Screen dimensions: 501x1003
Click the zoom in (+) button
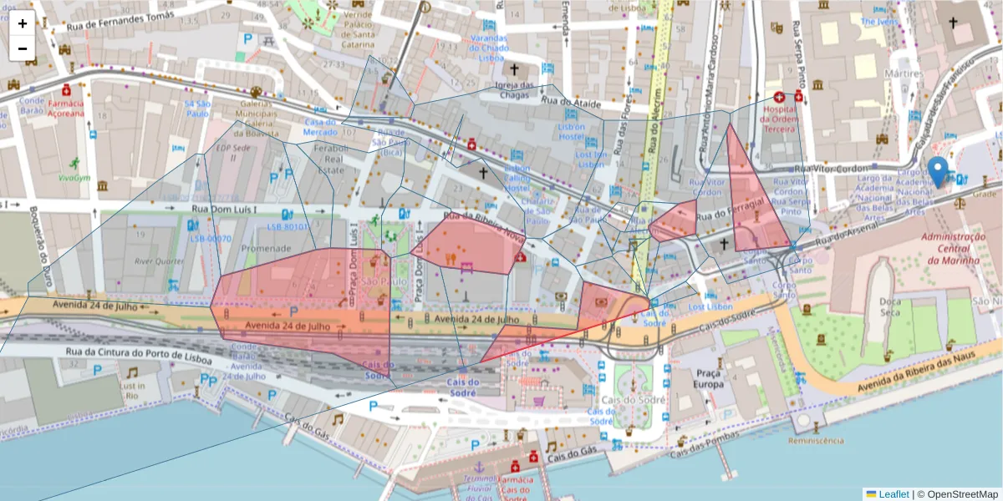point(23,23)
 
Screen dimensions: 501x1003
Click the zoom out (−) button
point(23,48)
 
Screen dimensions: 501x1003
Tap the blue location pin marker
point(939,171)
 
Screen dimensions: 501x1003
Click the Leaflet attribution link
point(894,493)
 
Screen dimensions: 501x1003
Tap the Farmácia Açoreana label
point(65,108)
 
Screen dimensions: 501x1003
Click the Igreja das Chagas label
point(514,89)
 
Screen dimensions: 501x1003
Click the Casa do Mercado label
point(319,128)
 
